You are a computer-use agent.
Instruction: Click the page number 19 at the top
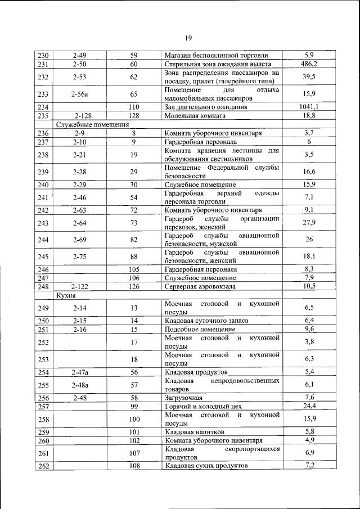click(x=188, y=38)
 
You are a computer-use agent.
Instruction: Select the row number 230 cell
click(x=43, y=55)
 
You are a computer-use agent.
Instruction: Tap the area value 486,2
click(x=309, y=64)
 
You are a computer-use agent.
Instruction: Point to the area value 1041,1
click(x=309, y=106)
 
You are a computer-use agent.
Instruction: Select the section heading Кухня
click(x=65, y=294)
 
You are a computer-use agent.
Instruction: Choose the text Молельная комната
click(x=195, y=115)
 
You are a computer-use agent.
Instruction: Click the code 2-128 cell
click(x=83, y=115)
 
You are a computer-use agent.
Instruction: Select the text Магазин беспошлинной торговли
click(x=216, y=55)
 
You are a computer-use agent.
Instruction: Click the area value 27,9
click(x=309, y=223)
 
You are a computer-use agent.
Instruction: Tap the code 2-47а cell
click(x=83, y=372)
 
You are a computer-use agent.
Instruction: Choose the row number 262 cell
click(x=43, y=466)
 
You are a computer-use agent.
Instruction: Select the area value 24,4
click(x=309, y=406)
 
